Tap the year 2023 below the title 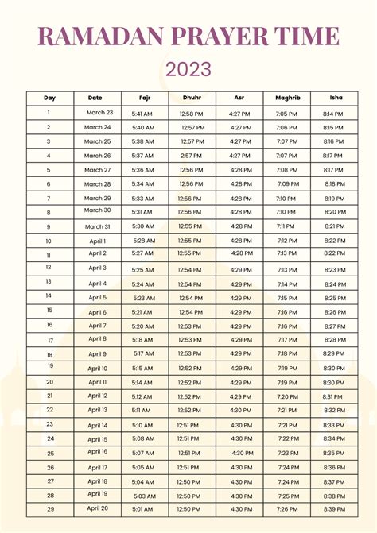point(188,69)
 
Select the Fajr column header point(144,98)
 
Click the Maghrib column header point(287,98)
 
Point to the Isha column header point(336,98)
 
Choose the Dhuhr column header point(192,98)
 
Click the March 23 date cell point(99,113)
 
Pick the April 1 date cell point(98,241)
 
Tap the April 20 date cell point(98,508)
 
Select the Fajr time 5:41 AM point(143,114)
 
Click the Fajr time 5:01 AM point(143,508)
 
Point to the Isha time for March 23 point(333,114)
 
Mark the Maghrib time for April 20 point(286,508)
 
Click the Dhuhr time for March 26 point(191,156)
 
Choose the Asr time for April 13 point(240,411)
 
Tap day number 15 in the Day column point(49,311)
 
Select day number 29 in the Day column point(49,508)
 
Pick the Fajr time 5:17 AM point(144,353)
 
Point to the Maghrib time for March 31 point(286,226)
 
